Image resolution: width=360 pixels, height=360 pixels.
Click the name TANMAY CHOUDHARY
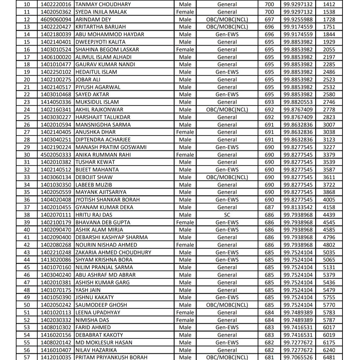coord(103,4)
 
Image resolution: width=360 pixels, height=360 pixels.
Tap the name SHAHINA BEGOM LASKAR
coord(107,49)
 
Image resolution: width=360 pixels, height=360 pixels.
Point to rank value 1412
coord(329,4)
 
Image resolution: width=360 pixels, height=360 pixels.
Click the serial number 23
coord(27,102)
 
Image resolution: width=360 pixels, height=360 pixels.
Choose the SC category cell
coord(227,215)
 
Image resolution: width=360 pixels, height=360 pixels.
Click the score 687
coord(269,207)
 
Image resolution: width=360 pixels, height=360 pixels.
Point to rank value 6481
coord(329,357)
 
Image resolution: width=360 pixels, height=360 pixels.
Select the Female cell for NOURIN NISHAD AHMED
coord(185,245)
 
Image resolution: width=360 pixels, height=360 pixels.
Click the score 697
coord(269,19)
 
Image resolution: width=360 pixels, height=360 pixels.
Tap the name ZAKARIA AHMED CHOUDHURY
coord(113,252)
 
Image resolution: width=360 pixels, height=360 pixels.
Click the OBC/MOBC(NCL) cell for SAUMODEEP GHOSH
coord(227,305)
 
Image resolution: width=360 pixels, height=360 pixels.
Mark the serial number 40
coord(27,230)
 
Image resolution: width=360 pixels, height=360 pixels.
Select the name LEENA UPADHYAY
coord(98,312)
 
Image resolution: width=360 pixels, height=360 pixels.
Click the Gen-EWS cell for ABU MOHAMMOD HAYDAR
coord(227,34)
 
